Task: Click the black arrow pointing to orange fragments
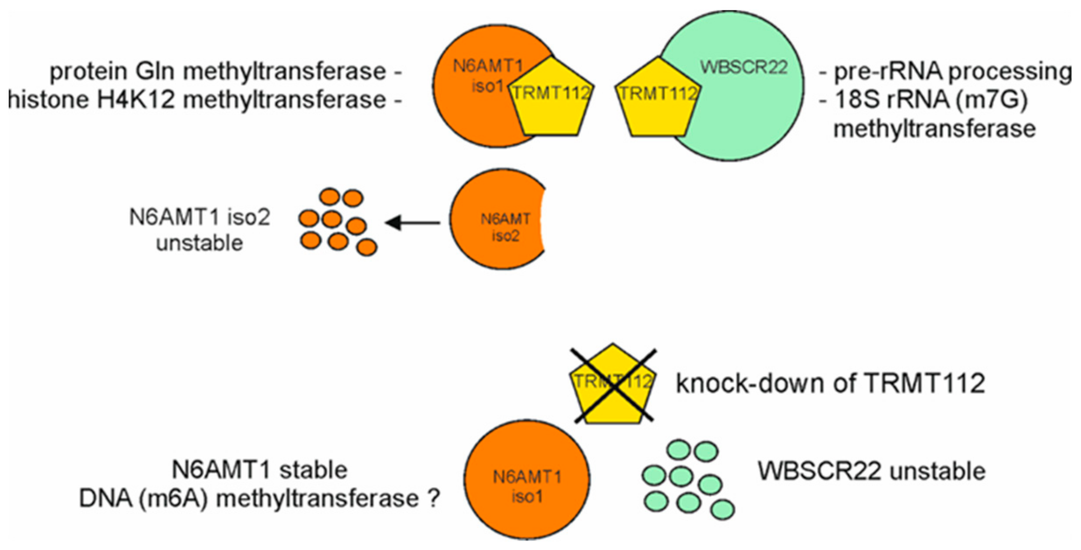point(413,222)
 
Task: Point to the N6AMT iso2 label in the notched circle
point(505,227)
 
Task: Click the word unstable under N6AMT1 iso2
point(199,243)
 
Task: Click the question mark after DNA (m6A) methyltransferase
point(433,498)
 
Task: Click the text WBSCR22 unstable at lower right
point(871,471)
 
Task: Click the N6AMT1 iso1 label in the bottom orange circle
point(527,486)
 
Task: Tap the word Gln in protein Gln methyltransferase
point(155,72)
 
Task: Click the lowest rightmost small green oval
point(723,509)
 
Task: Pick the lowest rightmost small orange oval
point(366,247)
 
